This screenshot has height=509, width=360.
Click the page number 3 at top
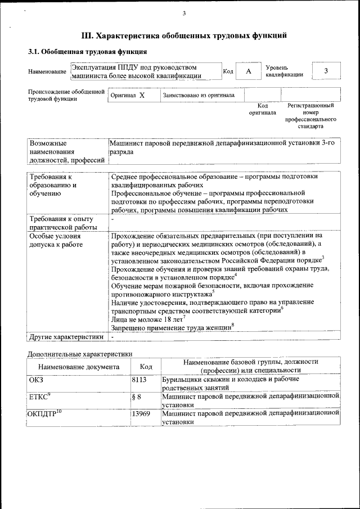[184, 13]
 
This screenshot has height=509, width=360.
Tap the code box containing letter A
[248, 71]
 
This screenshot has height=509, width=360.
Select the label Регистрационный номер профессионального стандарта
[310, 116]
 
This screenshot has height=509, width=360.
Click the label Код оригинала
[262, 109]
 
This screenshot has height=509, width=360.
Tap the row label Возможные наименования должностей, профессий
[67, 152]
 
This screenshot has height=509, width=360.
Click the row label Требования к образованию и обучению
[53, 185]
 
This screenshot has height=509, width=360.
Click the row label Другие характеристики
[66, 337]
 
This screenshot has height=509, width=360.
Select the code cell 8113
[139, 380]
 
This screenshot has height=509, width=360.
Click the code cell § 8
[136, 397]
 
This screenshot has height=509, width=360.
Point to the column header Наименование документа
[79, 367]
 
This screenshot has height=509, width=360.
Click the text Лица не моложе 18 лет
[146, 319]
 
